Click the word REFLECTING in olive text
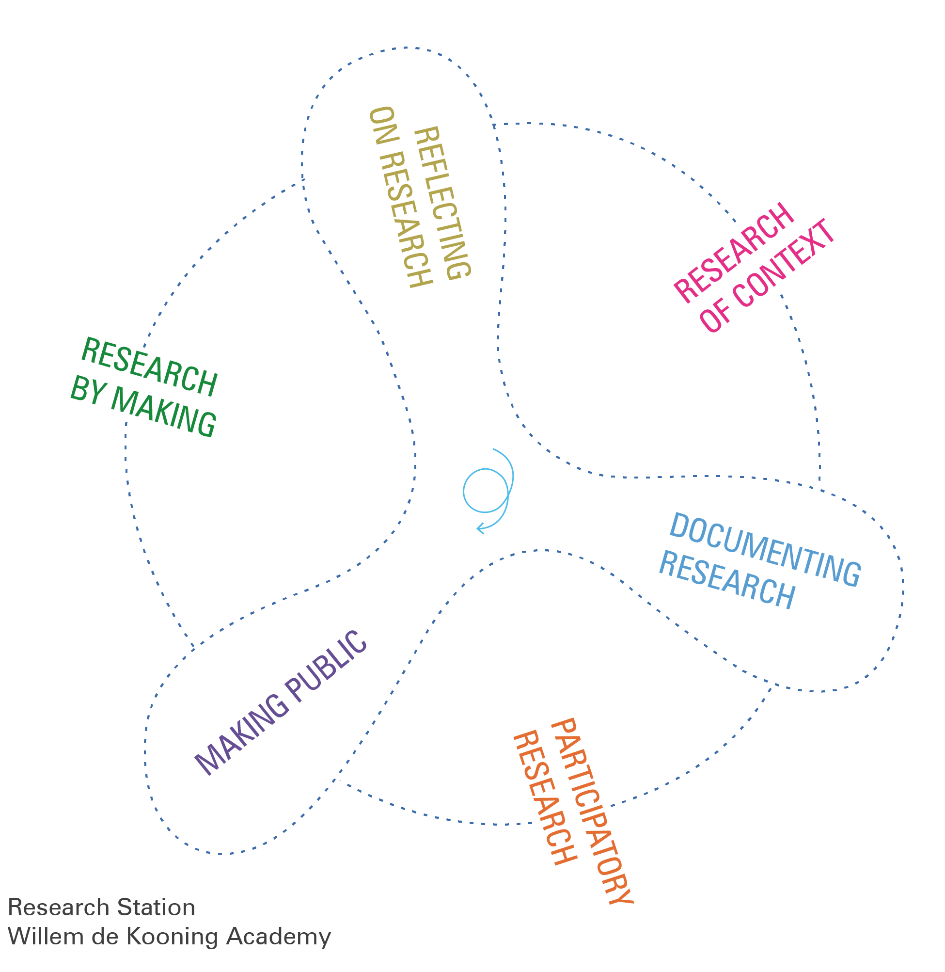coord(442,204)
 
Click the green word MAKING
coord(163,412)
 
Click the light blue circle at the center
coord(486,491)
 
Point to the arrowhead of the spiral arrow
coord(479,528)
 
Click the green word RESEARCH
coord(149,367)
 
